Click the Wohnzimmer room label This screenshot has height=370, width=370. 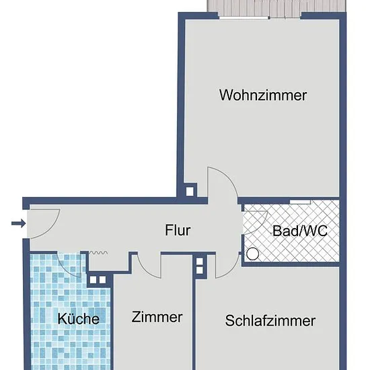click(263, 95)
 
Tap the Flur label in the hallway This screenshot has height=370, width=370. click(178, 230)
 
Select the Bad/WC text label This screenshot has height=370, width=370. click(300, 231)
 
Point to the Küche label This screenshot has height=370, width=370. click(79, 319)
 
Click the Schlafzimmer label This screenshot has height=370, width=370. click(270, 321)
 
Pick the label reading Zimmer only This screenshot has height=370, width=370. click(157, 317)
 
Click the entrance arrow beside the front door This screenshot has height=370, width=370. click(18, 223)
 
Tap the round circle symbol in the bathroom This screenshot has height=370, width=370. click(252, 254)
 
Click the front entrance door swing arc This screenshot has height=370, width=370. click(50, 227)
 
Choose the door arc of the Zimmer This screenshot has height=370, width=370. click(146, 270)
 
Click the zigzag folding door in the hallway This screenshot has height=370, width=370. click(98, 253)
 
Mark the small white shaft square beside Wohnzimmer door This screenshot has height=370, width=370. click(190, 192)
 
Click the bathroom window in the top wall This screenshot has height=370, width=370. click(300, 202)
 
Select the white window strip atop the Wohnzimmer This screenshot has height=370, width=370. click(244, 18)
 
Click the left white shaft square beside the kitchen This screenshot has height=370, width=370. click(93, 280)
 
